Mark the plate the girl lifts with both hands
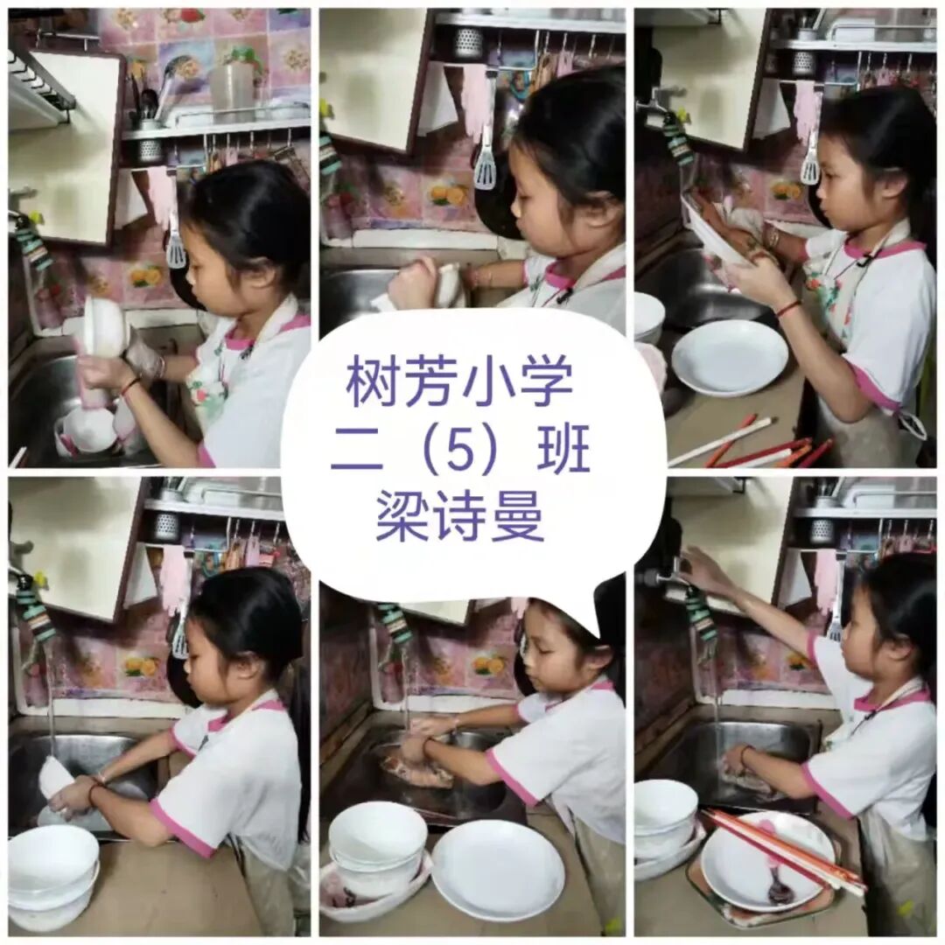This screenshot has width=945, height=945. coord(720,238)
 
